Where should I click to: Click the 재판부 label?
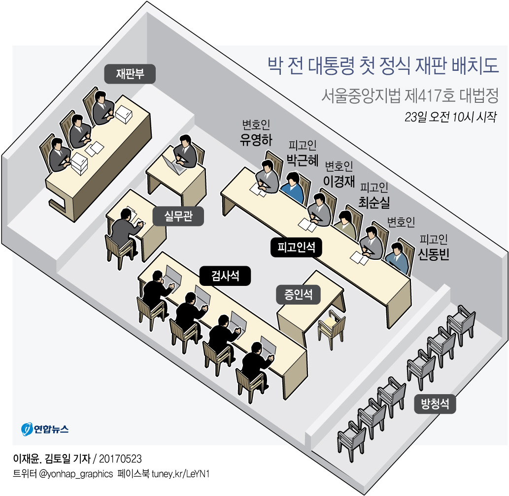(x=130, y=74)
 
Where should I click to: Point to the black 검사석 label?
(x=225, y=276)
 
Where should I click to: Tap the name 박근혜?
(x=303, y=160)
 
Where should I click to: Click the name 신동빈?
(x=434, y=254)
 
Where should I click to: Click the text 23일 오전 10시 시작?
(x=450, y=118)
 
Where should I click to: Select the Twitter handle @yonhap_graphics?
(x=71, y=474)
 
